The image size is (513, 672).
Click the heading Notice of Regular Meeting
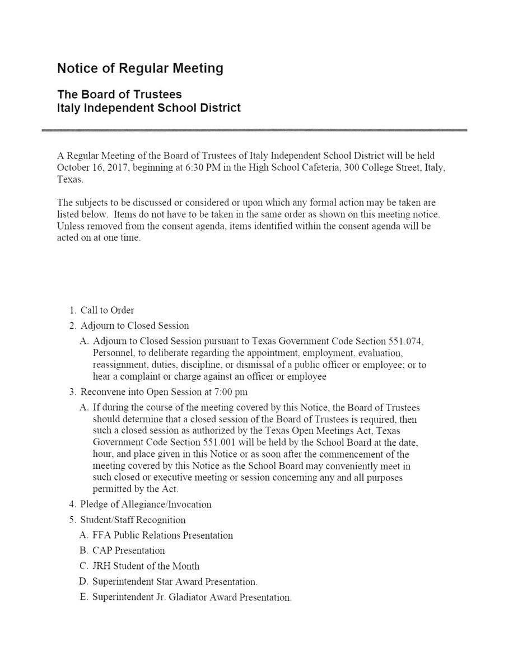(x=140, y=68)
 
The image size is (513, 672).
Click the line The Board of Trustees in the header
(x=119, y=95)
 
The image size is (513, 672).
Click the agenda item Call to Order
(x=107, y=310)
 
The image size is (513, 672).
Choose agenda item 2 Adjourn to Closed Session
(x=134, y=325)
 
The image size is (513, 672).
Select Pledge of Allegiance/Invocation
(x=146, y=505)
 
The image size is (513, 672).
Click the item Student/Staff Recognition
(x=133, y=520)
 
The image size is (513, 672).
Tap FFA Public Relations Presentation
(x=162, y=535)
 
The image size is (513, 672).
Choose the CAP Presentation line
(x=128, y=550)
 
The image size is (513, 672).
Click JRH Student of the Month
(x=146, y=566)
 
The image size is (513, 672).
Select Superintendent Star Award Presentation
(x=175, y=582)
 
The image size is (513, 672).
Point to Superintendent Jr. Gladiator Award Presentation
(x=192, y=598)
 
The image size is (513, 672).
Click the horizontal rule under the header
(x=254, y=130)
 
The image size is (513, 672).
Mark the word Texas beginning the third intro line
(x=69, y=180)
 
